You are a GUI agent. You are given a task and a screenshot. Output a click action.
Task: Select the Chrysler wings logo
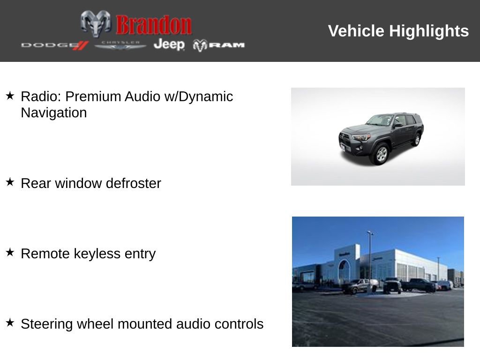[120, 45]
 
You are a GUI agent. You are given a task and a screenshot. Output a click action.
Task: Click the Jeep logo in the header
[169, 45]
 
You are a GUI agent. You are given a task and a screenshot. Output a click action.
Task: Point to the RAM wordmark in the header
[227, 45]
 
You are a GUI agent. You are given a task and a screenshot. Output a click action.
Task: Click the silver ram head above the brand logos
[96, 22]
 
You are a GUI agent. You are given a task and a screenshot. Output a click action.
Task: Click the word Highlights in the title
[429, 31]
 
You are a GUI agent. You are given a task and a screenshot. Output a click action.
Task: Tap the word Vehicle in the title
[356, 31]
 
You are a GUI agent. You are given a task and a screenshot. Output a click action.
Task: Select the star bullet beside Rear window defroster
[10, 182]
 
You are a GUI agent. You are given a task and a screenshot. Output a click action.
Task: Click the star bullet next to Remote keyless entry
[10, 252]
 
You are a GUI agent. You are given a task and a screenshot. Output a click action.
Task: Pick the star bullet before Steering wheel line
[10, 322]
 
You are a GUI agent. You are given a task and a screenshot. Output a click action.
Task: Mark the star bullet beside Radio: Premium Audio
[10, 96]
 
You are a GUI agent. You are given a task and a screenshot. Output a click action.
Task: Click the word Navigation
[53, 113]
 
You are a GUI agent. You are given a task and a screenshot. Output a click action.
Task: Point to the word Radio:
[41, 97]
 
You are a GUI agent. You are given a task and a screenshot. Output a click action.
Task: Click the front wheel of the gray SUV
[382, 154]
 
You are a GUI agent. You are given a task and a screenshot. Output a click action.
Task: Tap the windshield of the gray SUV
[380, 120]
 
